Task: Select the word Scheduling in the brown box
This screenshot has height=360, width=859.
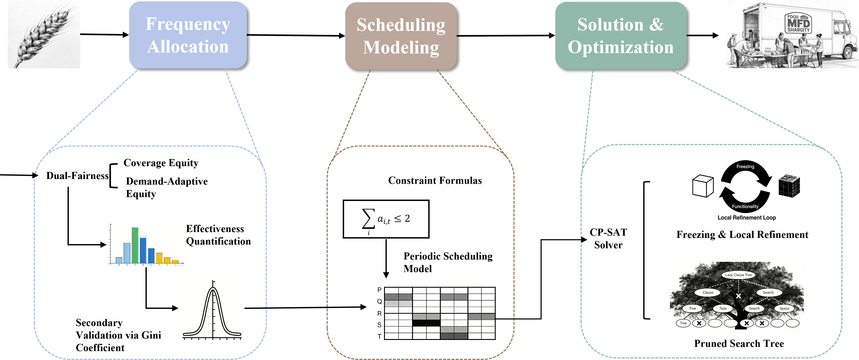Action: point(401,25)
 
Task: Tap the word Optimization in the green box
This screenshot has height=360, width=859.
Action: point(620,47)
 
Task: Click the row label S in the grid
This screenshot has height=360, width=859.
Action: point(379,325)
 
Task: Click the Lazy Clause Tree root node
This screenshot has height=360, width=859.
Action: point(738,275)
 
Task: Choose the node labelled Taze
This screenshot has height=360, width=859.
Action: point(723,308)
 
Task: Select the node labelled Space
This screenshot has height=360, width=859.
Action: point(784,308)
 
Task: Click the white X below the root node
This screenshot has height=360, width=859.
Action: point(739,296)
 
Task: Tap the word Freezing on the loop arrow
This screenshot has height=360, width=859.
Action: point(745,166)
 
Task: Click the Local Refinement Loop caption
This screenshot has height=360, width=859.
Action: point(747,218)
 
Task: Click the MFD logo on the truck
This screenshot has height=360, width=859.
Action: point(798,23)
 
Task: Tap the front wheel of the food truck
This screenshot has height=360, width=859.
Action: point(848,52)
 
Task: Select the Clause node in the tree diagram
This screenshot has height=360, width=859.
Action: point(708,292)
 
